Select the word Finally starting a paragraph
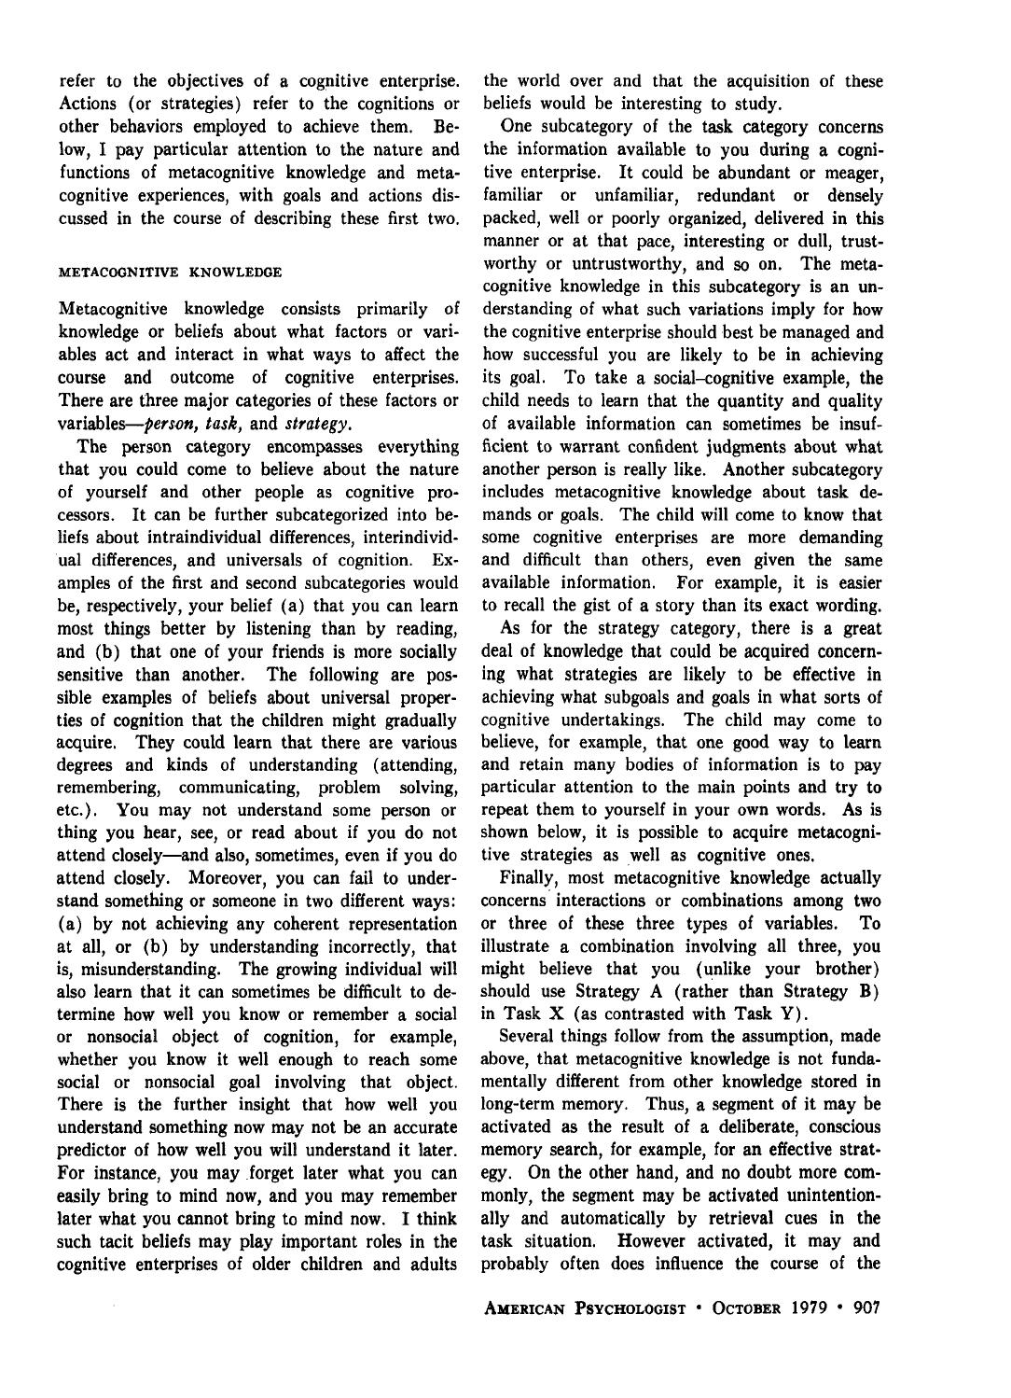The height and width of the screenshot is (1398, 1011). (x=528, y=877)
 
